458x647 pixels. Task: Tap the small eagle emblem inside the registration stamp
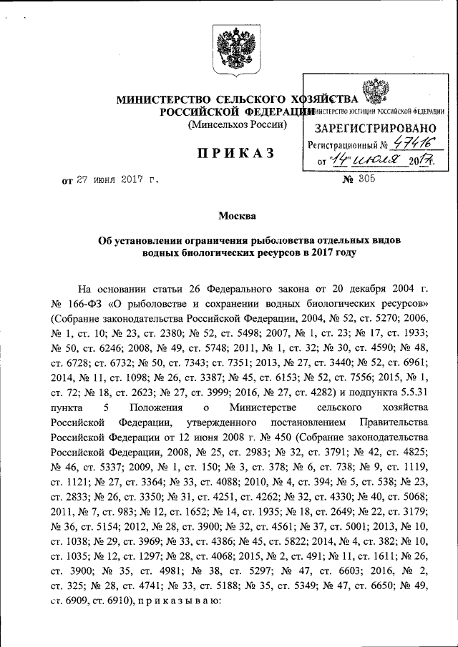(374, 92)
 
